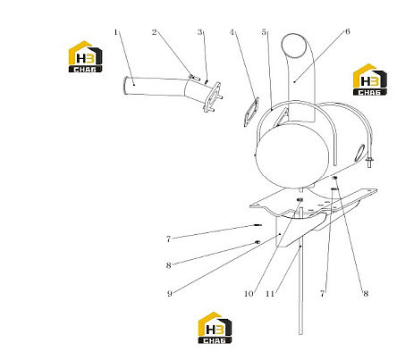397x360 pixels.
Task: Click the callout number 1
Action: pos(116,32)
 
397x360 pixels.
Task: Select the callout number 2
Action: pos(154,32)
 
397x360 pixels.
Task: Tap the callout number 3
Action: pos(200,32)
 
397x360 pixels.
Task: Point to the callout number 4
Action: pos(232,32)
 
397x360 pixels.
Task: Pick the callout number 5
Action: pos(264,32)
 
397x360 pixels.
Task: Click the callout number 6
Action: pos(348,31)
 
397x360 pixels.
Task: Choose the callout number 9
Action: pos(170,294)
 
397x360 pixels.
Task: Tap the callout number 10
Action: pos(249,294)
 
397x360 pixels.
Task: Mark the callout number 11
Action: pos(270,294)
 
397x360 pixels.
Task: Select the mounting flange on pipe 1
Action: pos(213,97)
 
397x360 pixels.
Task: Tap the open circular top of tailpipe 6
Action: pos(294,46)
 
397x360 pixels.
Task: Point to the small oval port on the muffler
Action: pos(360,152)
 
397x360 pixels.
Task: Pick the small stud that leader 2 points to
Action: pos(194,78)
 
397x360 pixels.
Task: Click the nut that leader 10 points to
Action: pos(300,200)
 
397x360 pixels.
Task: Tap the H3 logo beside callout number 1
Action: pos(85,56)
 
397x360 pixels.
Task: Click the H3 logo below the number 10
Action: pos(215,328)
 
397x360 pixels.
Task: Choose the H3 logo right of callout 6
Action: pos(370,80)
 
